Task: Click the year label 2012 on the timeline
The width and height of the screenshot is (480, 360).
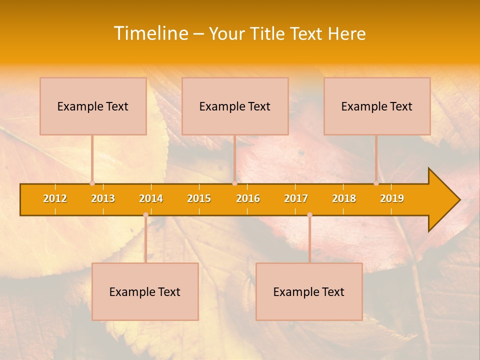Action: coord(55,198)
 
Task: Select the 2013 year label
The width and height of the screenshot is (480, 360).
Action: coord(103,198)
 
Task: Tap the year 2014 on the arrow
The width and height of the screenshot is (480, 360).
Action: coord(151,198)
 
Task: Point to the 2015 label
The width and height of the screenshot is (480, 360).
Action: coord(199,198)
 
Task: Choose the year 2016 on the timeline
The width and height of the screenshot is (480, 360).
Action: coord(248,198)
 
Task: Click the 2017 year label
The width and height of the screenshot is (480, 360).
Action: coord(296,198)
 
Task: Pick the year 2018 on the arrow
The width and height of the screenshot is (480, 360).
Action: coord(344,198)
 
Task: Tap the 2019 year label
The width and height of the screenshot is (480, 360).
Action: coord(392,198)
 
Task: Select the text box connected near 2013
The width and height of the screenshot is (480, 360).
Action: coord(93,106)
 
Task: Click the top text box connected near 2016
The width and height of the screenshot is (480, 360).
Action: coord(235,106)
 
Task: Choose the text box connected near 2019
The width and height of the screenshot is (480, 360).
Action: coord(377,106)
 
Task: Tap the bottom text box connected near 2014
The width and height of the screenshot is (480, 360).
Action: coord(145,291)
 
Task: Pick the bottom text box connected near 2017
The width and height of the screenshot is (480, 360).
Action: coord(309,291)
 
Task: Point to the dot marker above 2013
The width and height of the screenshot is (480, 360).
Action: coord(92,183)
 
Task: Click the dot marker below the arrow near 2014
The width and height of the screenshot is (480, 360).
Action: coord(145,214)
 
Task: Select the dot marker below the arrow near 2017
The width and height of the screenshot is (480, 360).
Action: coord(309,214)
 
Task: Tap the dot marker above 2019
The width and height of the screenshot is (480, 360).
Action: coord(376,183)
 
